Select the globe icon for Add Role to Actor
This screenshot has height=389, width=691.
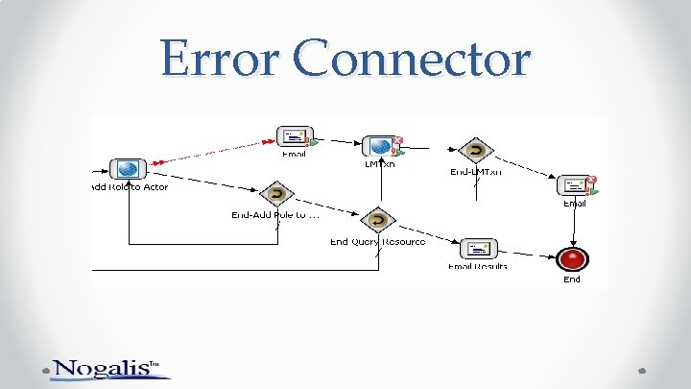pyautogui.click(x=127, y=170)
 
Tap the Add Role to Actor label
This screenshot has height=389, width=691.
pyautogui.click(x=130, y=187)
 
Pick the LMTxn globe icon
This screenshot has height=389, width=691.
pyautogui.click(x=379, y=147)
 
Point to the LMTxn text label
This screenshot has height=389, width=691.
pyautogui.click(x=379, y=164)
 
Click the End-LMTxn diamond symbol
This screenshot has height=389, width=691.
pyautogui.click(x=475, y=151)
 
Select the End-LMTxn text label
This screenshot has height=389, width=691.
pyautogui.click(x=476, y=172)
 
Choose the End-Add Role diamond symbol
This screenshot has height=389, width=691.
pyautogui.click(x=276, y=194)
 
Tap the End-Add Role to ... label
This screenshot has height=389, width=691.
pyautogui.click(x=274, y=215)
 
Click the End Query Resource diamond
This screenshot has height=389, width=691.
pyautogui.click(x=378, y=221)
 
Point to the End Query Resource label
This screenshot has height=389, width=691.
pyautogui.click(x=377, y=242)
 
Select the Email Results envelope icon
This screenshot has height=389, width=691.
pyautogui.click(x=477, y=249)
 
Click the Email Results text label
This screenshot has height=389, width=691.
pyautogui.click(x=477, y=265)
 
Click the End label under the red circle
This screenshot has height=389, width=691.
pyautogui.click(x=572, y=280)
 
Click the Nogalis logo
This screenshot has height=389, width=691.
pyautogui.click(x=107, y=368)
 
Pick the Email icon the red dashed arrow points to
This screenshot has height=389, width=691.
pyautogui.click(x=294, y=138)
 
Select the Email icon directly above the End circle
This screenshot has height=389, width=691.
pyautogui.click(x=575, y=185)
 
